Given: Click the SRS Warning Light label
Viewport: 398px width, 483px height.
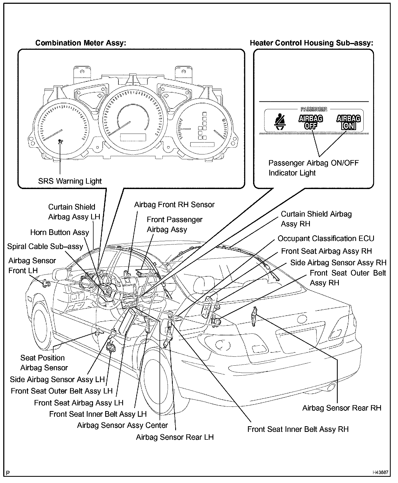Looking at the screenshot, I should (x=70, y=181).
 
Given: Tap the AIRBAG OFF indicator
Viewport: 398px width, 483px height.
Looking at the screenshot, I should (x=311, y=122).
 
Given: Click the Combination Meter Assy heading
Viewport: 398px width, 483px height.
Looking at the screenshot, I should (x=81, y=43).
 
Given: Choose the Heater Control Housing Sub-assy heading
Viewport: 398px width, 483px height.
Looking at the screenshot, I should (x=311, y=43).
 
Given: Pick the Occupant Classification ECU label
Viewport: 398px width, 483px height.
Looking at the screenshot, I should (x=326, y=239).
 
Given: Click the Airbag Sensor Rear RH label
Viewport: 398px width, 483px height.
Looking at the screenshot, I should (x=341, y=408).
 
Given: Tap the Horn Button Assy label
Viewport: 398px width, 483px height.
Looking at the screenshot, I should (x=59, y=233).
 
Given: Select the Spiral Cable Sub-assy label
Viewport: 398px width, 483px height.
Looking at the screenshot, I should (x=45, y=247).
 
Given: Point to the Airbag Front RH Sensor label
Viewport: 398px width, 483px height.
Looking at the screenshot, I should (x=174, y=205).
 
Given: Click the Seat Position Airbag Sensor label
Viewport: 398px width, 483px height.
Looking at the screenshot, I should (x=44, y=363).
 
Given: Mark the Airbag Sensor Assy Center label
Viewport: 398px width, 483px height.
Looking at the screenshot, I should (x=122, y=425).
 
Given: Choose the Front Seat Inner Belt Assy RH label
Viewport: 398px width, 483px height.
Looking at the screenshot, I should (x=298, y=429).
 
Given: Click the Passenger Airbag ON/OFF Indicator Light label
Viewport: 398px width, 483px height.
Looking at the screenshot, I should (x=313, y=168).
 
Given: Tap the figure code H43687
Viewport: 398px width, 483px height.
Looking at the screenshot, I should (x=380, y=472).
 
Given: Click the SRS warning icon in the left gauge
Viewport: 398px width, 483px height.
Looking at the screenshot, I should (x=60, y=142).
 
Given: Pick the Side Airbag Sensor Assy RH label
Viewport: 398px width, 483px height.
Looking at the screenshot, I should (x=338, y=263).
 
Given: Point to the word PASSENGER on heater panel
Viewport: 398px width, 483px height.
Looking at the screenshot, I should (x=314, y=109).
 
